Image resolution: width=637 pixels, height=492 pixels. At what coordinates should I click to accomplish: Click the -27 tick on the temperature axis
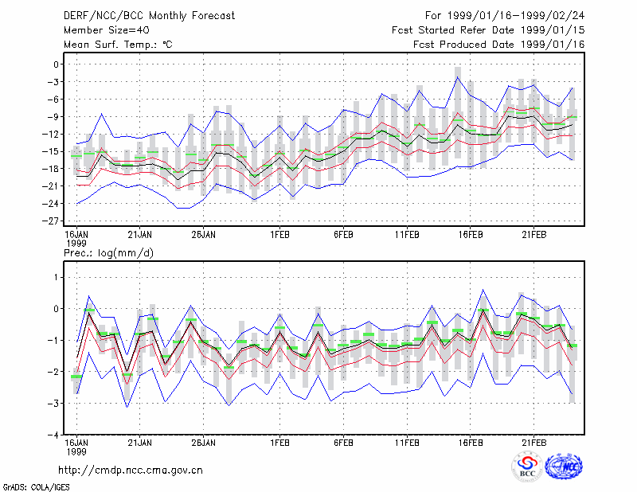(x=51, y=221)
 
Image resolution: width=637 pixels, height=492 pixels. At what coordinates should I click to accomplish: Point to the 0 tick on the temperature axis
(x=56, y=64)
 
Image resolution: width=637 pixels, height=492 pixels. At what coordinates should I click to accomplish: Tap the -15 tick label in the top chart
(x=51, y=151)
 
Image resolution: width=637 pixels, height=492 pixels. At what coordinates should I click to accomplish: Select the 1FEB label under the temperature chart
(x=280, y=234)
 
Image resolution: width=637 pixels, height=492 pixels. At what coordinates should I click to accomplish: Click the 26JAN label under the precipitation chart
(x=204, y=443)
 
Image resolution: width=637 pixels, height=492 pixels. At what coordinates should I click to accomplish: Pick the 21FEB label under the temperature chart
(x=533, y=234)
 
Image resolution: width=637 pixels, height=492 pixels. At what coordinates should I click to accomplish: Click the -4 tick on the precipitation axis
(x=53, y=435)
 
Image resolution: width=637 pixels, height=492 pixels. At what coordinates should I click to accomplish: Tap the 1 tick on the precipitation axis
(x=57, y=278)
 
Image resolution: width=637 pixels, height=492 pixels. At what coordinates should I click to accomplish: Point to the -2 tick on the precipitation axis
(x=53, y=372)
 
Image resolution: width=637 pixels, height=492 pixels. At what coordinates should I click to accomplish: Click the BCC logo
(x=526, y=467)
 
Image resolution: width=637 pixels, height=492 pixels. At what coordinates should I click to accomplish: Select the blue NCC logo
(x=564, y=467)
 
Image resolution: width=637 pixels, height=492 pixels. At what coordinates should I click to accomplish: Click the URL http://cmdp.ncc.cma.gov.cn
(x=131, y=471)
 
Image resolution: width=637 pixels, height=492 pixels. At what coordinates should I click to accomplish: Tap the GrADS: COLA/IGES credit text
(x=37, y=486)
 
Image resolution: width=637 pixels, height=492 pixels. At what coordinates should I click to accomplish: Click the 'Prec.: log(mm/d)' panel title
(x=108, y=253)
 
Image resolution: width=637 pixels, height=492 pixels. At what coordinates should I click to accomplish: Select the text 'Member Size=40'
(x=107, y=30)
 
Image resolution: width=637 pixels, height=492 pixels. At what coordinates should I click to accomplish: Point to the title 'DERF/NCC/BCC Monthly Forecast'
(x=149, y=16)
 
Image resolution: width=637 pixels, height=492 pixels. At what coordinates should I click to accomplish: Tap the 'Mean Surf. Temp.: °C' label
(x=118, y=45)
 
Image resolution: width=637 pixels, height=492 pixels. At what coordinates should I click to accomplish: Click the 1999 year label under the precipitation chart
(x=76, y=451)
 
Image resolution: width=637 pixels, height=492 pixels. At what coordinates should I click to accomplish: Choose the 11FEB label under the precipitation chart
(x=407, y=443)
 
